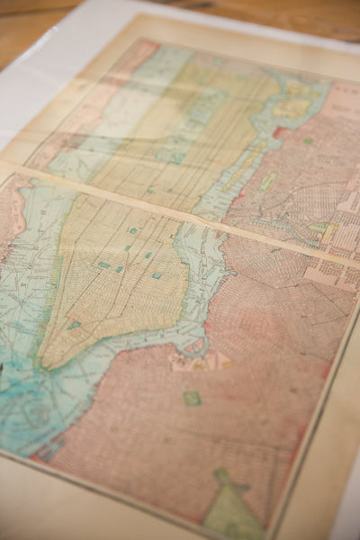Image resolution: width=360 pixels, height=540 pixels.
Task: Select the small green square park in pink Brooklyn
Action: (192, 398)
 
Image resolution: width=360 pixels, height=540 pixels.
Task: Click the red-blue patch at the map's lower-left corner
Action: (45, 450)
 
